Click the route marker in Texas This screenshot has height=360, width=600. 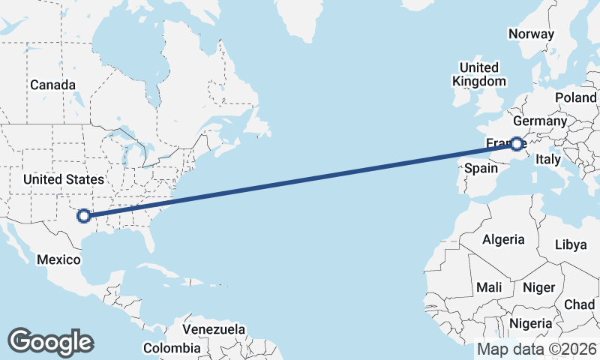point(84,215)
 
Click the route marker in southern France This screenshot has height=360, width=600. point(517,143)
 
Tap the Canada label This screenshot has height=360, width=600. point(52,85)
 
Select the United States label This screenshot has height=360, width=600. point(64,179)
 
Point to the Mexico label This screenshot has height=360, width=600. point(60,259)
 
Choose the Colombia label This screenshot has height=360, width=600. point(172,348)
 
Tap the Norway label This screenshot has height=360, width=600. point(531,34)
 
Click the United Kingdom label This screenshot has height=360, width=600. point(479,73)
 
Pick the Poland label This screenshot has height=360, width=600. point(575,98)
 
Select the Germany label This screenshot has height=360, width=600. point(540,121)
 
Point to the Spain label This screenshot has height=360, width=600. point(481,168)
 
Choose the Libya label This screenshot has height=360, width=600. point(571,245)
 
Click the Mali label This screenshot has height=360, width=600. point(489,287)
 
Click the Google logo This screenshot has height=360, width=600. point(50,342)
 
